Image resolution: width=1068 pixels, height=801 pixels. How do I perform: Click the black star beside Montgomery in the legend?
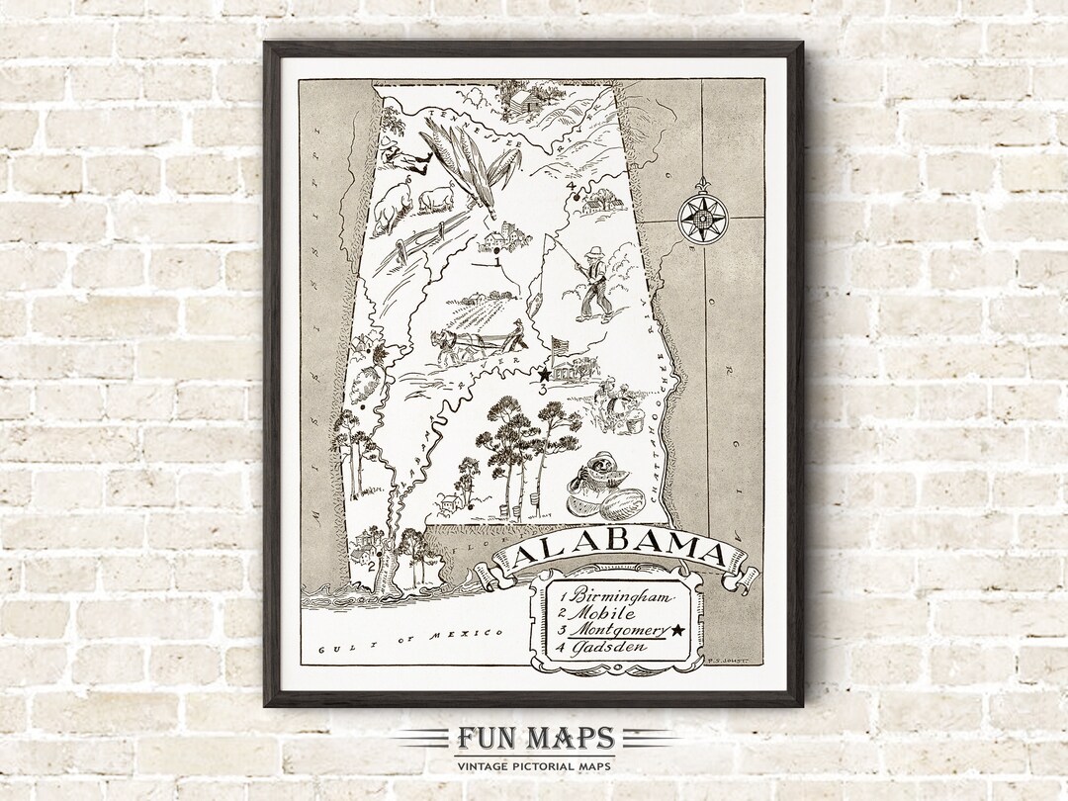pyautogui.click(x=677, y=630)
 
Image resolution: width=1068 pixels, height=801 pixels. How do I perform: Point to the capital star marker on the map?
pyautogui.click(x=544, y=375)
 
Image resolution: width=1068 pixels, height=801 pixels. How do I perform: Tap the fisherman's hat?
pyautogui.click(x=594, y=250)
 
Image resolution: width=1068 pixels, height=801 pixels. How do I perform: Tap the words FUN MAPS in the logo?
pyautogui.click(x=535, y=739)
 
